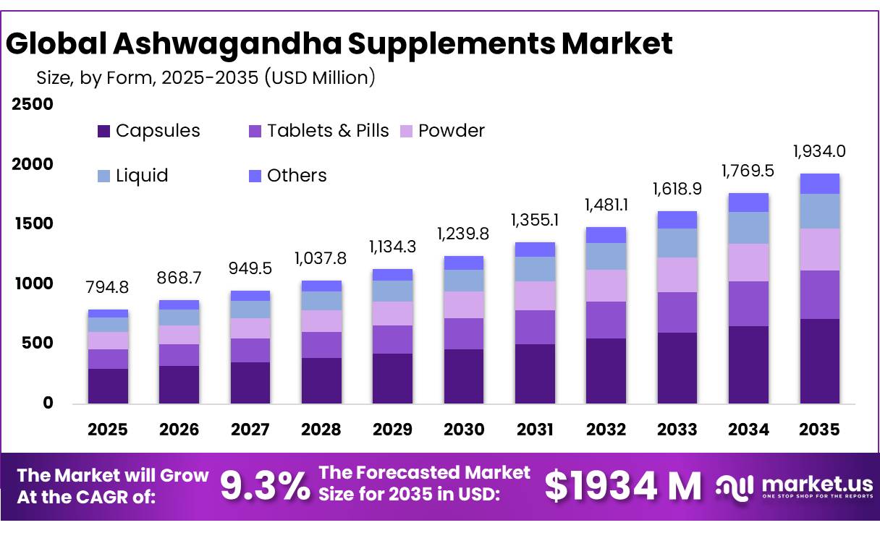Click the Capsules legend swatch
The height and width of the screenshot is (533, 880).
point(104,132)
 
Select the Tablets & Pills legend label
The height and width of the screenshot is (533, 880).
point(328,131)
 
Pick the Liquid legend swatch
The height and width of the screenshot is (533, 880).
point(104,176)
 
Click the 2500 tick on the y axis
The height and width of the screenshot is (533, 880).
point(33,104)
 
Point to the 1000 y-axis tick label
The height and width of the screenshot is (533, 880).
point(33,283)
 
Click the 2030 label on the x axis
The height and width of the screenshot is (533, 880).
point(463,430)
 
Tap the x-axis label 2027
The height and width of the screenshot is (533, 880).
point(250,430)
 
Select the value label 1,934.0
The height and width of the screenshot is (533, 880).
point(819,151)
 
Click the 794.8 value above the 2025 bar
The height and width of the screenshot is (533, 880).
point(108,288)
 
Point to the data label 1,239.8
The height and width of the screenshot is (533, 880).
point(463,234)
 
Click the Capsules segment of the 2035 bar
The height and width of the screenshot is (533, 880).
point(819,361)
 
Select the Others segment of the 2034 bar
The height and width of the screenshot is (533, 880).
point(748,202)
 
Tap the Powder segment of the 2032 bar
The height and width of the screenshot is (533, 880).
point(606,286)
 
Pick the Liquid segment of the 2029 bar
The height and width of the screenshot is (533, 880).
point(392,291)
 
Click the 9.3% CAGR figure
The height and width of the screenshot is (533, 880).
point(265,486)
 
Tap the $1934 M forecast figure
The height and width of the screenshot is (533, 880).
point(622,486)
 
